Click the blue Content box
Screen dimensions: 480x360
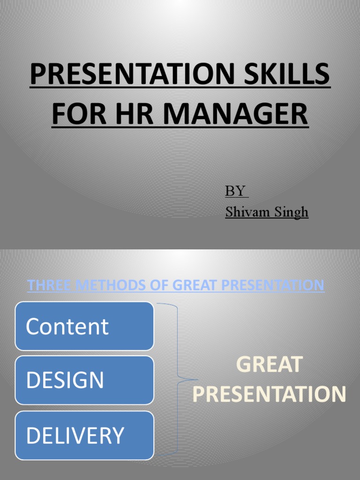(84, 326)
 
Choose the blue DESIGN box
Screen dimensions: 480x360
(84, 380)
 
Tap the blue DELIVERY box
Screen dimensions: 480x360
(84, 435)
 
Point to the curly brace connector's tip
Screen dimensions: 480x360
(197, 380)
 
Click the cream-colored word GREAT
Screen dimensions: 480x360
(269, 365)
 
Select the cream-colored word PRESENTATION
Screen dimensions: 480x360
(269, 394)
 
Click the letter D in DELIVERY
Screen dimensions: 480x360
(32, 435)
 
